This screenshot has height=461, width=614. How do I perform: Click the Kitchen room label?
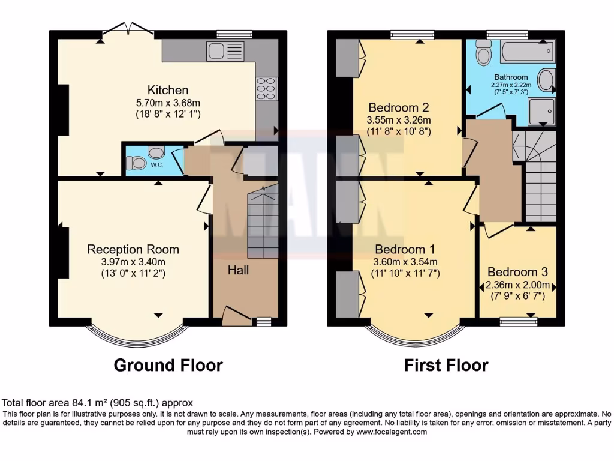tap(168, 90)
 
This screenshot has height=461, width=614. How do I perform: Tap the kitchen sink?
tap(225, 51)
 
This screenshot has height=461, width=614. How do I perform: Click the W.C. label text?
tap(156, 164)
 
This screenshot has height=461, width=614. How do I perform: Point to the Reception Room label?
tap(133, 249)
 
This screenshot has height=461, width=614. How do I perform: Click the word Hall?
tap(238, 270)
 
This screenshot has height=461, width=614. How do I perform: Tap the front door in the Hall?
tap(237, 315)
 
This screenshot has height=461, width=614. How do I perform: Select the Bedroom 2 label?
tap(398, 108)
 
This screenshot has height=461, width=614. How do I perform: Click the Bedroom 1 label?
tap(405, 249)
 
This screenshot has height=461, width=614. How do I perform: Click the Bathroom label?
tap(511, 77)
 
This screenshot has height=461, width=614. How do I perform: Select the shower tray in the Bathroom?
tap(541, 111)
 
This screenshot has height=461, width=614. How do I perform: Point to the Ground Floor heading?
tap(168, 365)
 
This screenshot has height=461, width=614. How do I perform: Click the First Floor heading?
tap(446, 365)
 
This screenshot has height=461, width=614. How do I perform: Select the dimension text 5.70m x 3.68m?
tap(168, 102)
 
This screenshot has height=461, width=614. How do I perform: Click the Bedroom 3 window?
tap(519, 322)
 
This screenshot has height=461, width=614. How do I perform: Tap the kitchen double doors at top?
tap(127, 29)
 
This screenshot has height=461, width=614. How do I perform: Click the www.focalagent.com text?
tap(391, 432)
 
